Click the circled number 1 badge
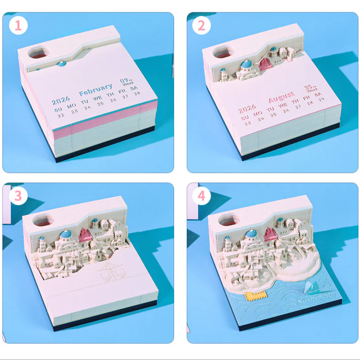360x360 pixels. (18, 27)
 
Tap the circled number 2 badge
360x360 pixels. (201, 26)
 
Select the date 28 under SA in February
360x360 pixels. (137, 93)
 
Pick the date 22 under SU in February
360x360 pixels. (61, 116)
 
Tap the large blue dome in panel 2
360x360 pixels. (248, 66)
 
